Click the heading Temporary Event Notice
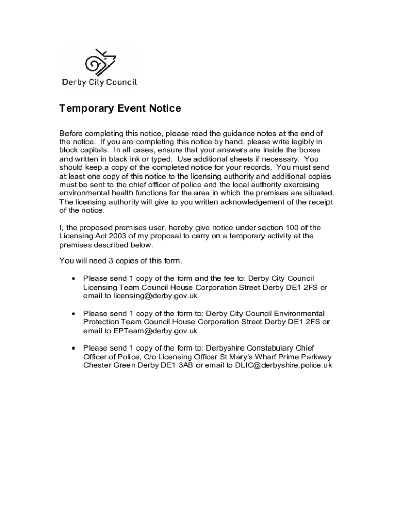pos(120,108)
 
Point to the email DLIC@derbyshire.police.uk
pos(283,365)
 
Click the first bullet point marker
pos(73,279)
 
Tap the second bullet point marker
pos(73,314)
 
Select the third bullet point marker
pos(73,348)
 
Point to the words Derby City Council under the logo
pos(99,82)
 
